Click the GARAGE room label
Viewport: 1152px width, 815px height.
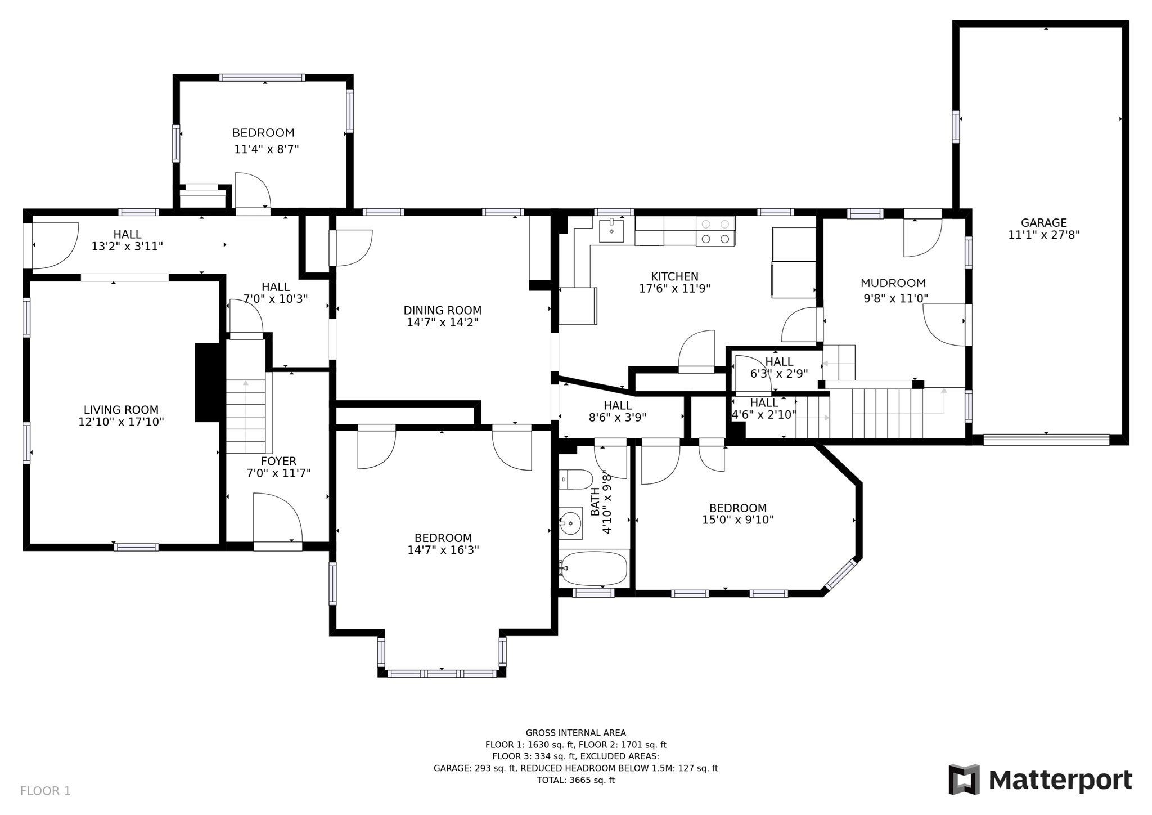coord(1044,223)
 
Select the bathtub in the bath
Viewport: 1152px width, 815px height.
coord(594,568)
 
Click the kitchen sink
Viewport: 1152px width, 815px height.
coord(611,230)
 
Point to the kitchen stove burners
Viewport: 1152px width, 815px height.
coord(716,231)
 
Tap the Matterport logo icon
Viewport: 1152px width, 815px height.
coord(964,780)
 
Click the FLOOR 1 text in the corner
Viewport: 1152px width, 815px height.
coord(46,791)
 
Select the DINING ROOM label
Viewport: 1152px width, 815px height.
coord(443,310)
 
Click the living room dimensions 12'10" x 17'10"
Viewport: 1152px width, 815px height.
coord(121,422)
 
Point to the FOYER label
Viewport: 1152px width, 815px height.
coord(278,462)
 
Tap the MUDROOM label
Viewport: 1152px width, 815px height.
coord(893,283)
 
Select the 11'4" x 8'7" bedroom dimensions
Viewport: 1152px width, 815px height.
coord(266,149)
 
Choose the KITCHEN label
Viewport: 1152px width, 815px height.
coord(675,276)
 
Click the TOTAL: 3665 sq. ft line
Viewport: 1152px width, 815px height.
coord(576,780)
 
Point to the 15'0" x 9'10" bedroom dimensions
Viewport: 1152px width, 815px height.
coord(738,520)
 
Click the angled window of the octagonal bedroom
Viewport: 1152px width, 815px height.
coord(841,576)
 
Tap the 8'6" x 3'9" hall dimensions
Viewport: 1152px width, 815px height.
coord(618,418)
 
